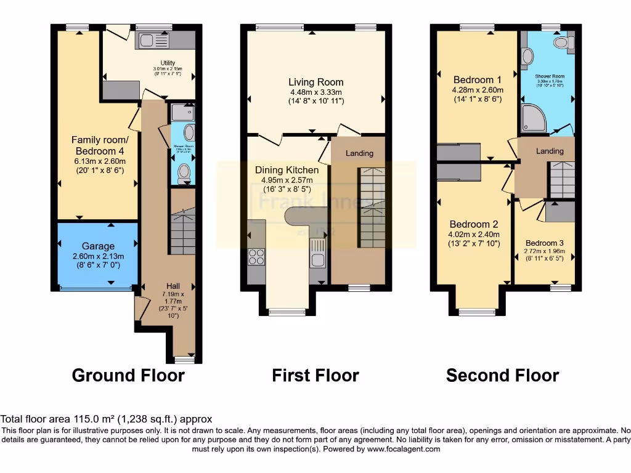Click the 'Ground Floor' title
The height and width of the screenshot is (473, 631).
(x=128, y=375)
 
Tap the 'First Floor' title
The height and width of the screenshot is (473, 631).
(x=315, y=375)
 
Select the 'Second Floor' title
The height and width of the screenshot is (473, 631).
(x=502, y=375)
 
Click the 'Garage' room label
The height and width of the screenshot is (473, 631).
(x=98, y=246)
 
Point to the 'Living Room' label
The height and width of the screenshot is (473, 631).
(x=316, y=82)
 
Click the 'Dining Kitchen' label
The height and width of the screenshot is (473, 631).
(x=287, y=170)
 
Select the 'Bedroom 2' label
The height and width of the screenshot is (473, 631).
(x=473, y=224)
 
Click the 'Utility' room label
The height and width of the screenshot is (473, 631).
(x=168, y=63)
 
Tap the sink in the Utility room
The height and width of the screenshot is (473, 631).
(x=148, y=41)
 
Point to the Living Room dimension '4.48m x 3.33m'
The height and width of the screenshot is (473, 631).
(x=316, y=92)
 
